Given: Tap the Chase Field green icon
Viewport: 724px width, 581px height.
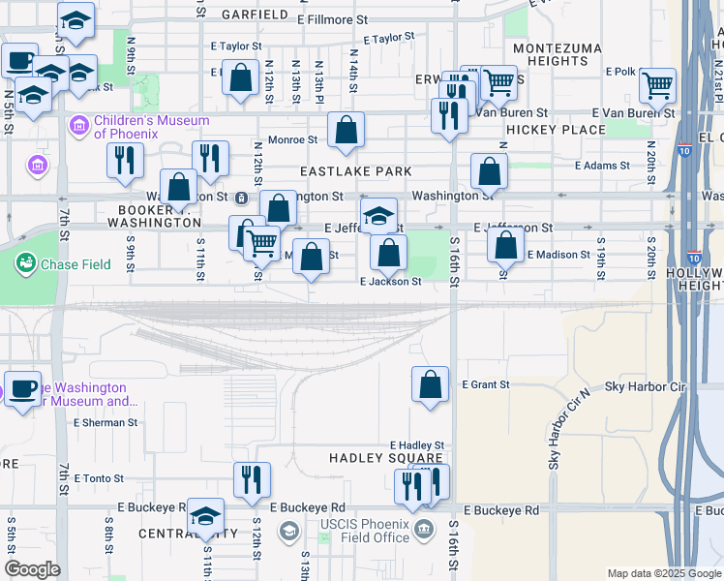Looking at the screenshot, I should click(x=24, y=262).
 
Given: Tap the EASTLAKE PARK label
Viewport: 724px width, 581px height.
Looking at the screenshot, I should click(x=355, y=171).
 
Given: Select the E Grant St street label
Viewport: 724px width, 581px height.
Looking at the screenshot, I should click(x=486, y=384).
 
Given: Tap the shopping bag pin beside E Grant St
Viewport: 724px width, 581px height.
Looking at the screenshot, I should click(x=431, y=383).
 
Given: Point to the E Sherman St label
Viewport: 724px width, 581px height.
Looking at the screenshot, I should click(x=106, y=422).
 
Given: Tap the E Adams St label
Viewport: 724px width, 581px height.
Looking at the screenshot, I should click(x=602, y=166).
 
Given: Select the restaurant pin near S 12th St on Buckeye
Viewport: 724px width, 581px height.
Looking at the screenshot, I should click(x=252, y=479).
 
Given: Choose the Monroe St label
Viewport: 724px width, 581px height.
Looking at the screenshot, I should click(x=287, y=140).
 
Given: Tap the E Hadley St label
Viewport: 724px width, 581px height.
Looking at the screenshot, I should click(x=416, y=444).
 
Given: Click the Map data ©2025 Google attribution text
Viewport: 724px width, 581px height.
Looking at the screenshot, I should click(x=663, y=573).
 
